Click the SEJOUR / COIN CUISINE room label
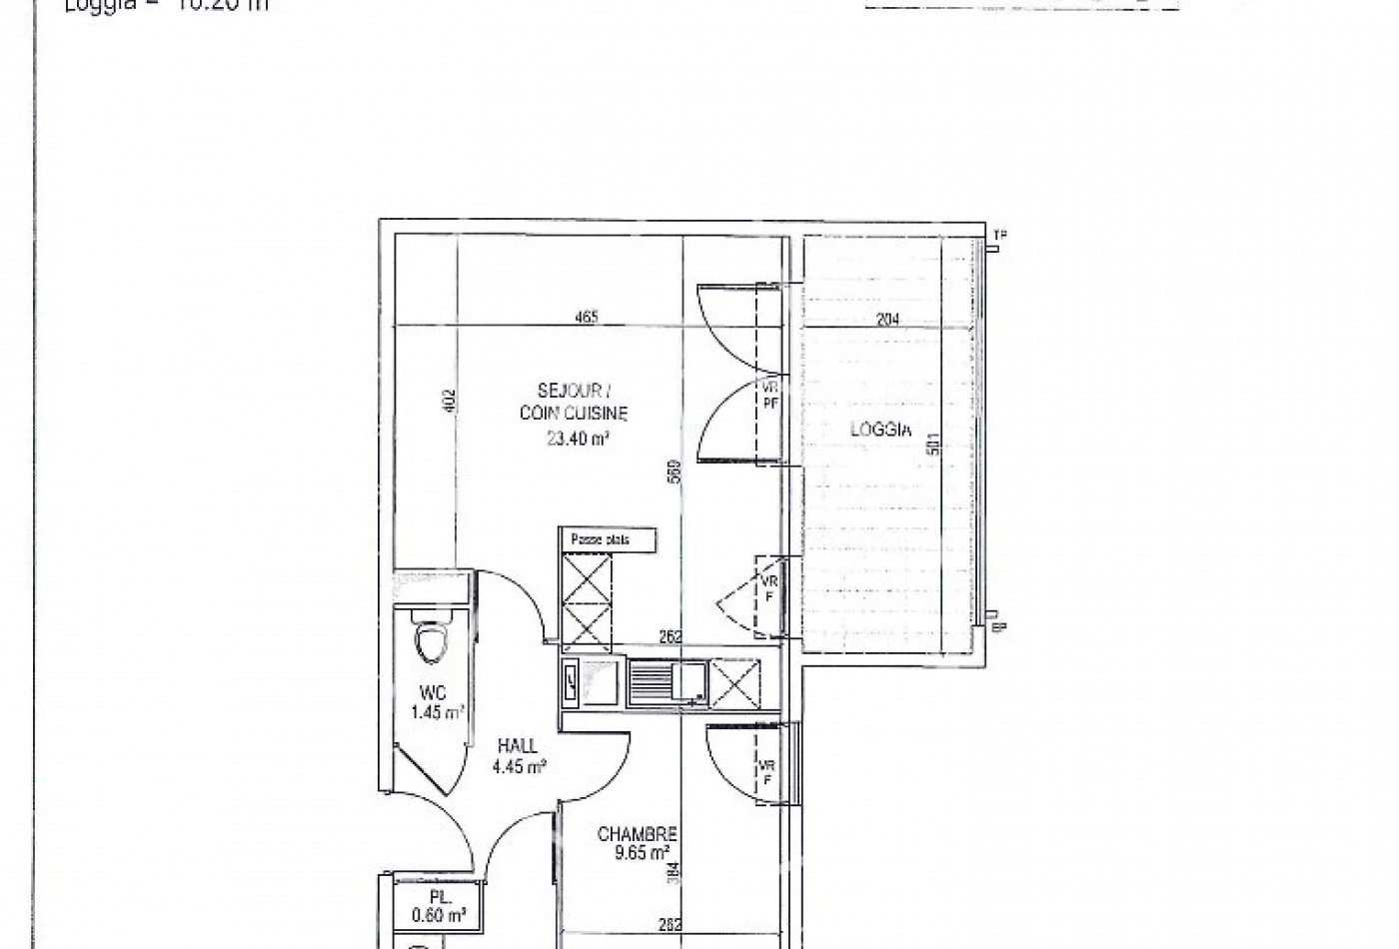[574, 401]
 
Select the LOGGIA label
[880, 431]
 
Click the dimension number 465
[587, 318]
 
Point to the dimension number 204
[887, 320]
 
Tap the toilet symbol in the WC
[432, 642]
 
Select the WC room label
[432, 693]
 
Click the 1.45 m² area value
[438, 712]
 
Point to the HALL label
[518, 746]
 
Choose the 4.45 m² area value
[518, 767]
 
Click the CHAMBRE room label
[638, 834]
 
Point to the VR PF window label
[770, 395]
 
